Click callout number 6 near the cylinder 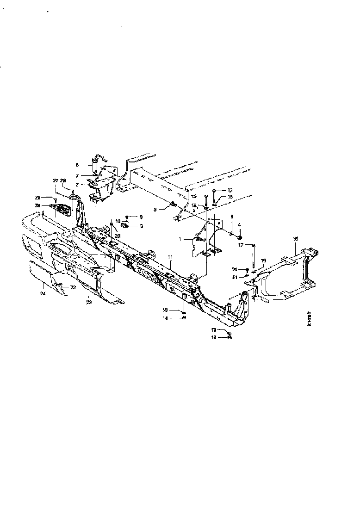pyautogui.click(x=78, y=164)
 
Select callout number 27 pyautogui.click(x=56, y=180)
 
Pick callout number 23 pyautogui.click(x=72, y=287)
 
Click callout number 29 pyautogui.click(x=118, y=236)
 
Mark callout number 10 pyautogui.click(x=118, y=221)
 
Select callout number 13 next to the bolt pyautogui.click(x=230, y=191)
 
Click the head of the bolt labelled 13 pyautogui.click(x=214, y=191)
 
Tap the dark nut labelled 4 pyautogui.click(x=240, y=231)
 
